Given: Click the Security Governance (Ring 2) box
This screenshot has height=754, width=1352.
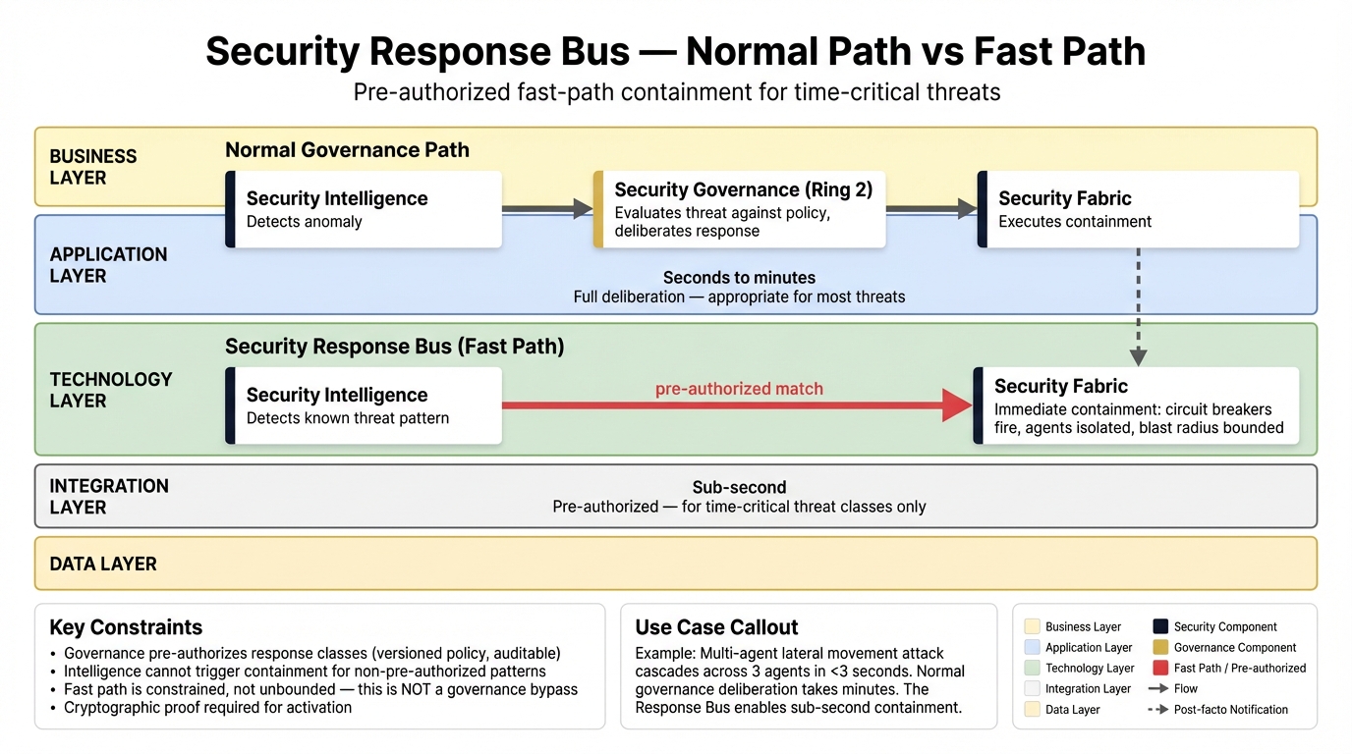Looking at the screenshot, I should [x=740, y=209].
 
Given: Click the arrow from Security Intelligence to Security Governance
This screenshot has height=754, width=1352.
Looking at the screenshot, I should [x=546, y=208].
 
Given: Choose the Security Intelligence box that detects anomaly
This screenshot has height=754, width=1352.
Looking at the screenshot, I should [x=364, y=209].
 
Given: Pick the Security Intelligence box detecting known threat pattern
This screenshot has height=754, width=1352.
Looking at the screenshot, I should [x=364, y=405].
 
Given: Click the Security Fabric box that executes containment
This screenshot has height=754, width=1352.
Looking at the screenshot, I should [x=1138, y=209].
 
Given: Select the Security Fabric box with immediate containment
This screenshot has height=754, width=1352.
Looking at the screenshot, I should [x=1136, y=405].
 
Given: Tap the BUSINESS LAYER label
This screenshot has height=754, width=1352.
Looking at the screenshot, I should [x=93, y=167].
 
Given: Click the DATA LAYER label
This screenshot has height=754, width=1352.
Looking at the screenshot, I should [x=103, y=564].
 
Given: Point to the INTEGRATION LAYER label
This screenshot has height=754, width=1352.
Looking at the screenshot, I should [x=109, y=497].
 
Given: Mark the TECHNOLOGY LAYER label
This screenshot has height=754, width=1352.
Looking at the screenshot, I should [x=111, y=390].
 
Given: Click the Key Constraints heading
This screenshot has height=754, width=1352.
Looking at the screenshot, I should [x=126, y=627].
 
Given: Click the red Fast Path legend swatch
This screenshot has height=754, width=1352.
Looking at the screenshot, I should [x=1159, y=668].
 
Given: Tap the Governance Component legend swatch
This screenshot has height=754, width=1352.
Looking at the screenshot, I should [x=1159, y=647].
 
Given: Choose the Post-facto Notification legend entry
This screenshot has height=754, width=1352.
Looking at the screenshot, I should [x=1218, y=709].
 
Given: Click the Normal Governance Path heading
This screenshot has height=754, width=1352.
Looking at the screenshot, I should [x=347, y=150].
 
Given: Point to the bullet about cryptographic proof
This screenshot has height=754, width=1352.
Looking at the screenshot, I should [x=207, y=707].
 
